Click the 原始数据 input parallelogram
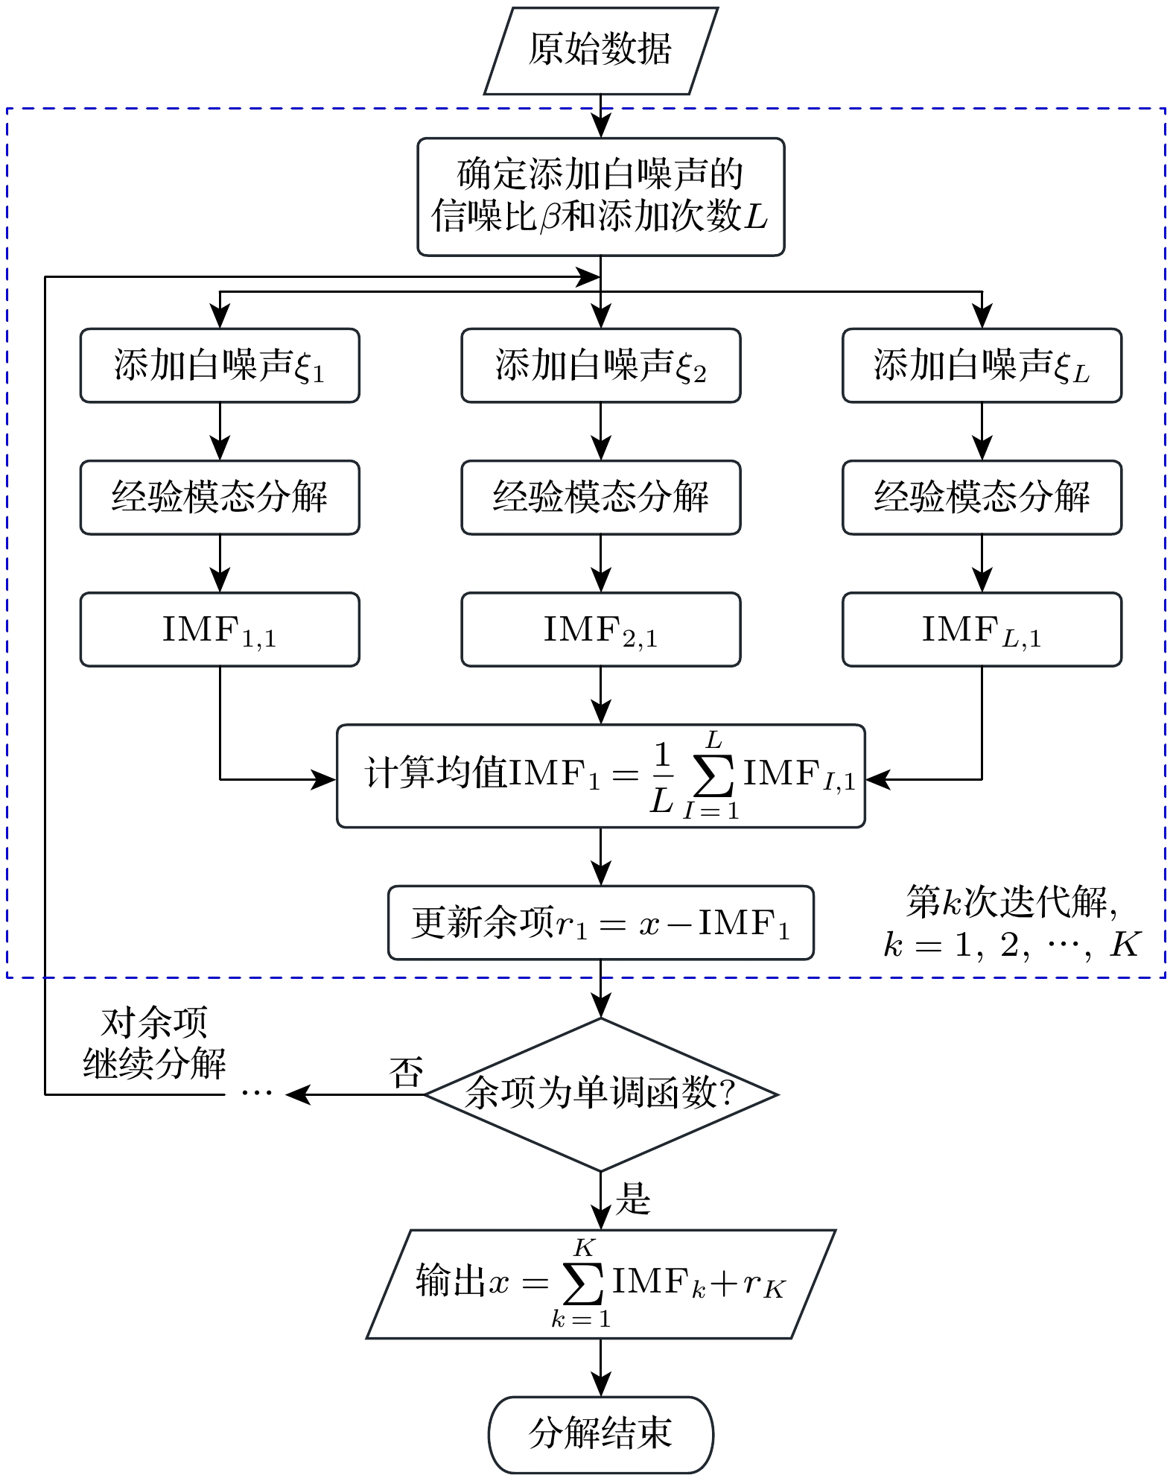pos(600,51)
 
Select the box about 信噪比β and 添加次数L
pos(600,197)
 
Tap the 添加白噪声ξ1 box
pos(220,366)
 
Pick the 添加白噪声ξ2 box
pos(600,366)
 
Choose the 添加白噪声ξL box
pos(982,366)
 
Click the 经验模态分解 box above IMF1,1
pos(220,498)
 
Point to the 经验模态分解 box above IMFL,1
pos(982,498)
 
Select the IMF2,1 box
pos(600,629)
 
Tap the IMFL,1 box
pos(982,629)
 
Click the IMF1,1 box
pos(220,629)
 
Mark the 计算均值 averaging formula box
pos(600,776)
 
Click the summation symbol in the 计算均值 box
pos(713,776)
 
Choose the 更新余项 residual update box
pos(600,923)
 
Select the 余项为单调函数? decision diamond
pos(600,1094)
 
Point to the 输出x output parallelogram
pos(600,1284)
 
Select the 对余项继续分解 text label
pos(154,1043)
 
